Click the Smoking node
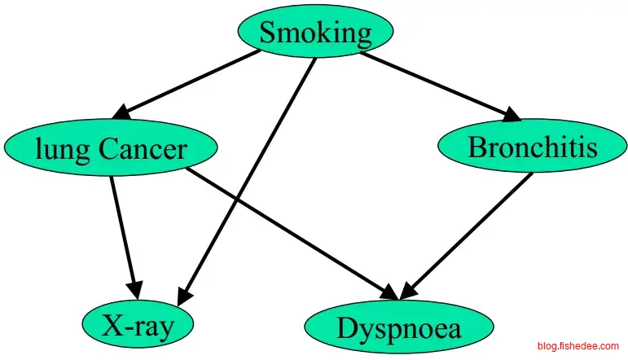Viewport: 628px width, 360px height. (315, 33)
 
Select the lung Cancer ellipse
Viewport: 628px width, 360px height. (111, 148)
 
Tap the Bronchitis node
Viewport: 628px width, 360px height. (532, 147)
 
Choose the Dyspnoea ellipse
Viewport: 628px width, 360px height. (398, 328)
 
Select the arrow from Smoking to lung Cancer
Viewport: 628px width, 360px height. (191, 81)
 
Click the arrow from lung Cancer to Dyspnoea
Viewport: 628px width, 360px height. (293, 232)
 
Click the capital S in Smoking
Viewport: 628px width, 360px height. (269, 33)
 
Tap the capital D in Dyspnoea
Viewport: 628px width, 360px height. (347, 328)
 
